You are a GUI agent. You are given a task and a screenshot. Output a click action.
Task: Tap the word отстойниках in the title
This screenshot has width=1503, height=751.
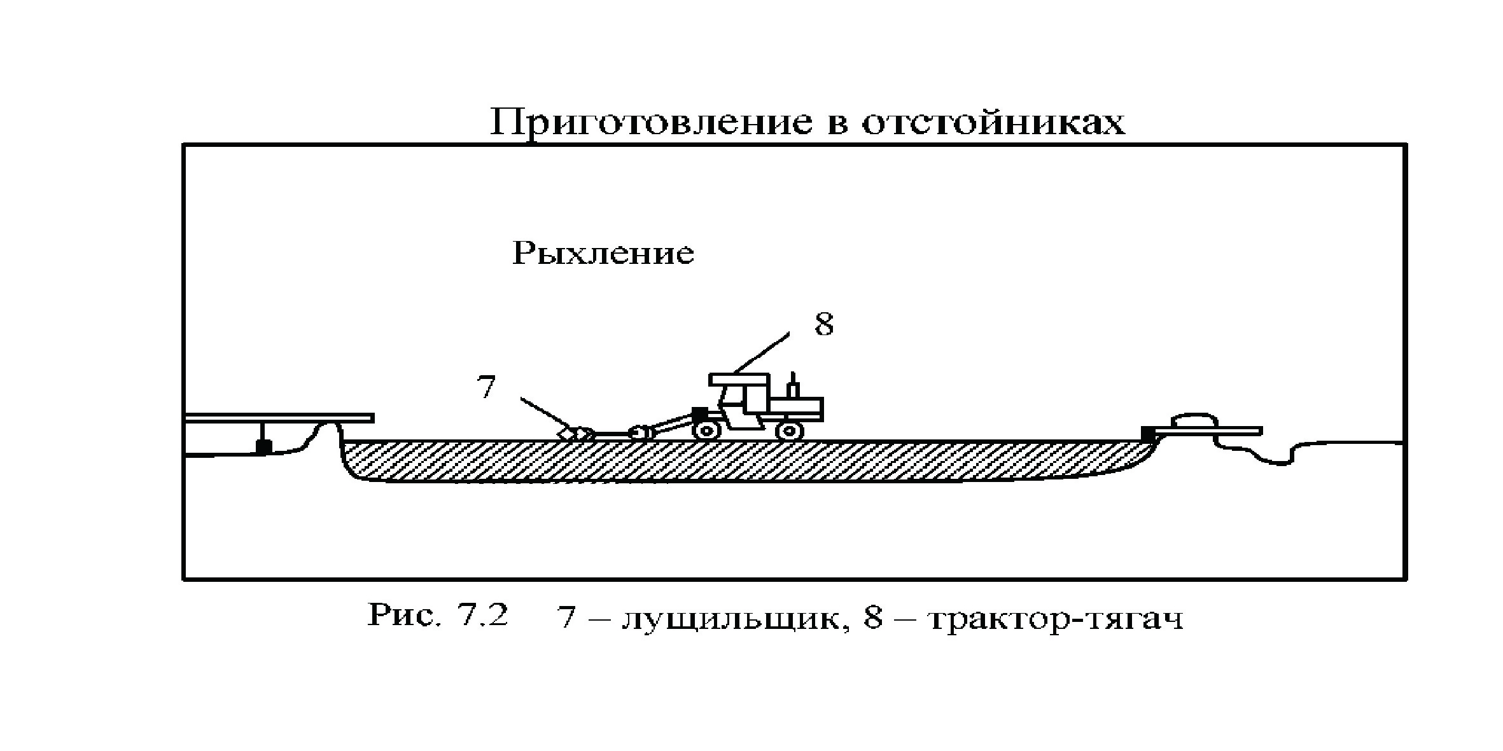click(x=993, y=122)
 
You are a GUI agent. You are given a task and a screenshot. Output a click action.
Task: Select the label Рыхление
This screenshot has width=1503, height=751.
click(x=603, y=254)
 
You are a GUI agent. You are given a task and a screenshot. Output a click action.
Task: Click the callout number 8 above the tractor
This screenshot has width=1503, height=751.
click(x=823, y=324)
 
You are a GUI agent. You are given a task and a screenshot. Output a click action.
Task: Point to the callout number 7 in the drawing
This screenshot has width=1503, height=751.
click(x=486, y=387)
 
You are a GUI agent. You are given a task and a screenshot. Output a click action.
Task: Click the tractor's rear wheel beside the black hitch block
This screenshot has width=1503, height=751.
click(x=706, y=431)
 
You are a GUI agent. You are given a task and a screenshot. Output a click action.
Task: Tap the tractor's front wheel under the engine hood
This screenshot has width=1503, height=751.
click(x=789, y=431)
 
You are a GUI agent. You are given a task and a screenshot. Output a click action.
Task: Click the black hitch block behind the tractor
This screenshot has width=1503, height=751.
click(x=699, y=414)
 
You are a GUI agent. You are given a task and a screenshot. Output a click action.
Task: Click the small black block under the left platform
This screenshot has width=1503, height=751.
click(x=262, y=447)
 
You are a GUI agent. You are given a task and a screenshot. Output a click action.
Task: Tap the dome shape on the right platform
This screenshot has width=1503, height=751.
click(x=1194, y=421)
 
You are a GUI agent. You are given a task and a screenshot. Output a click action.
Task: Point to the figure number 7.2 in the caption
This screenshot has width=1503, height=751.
click(x=482, y=616)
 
